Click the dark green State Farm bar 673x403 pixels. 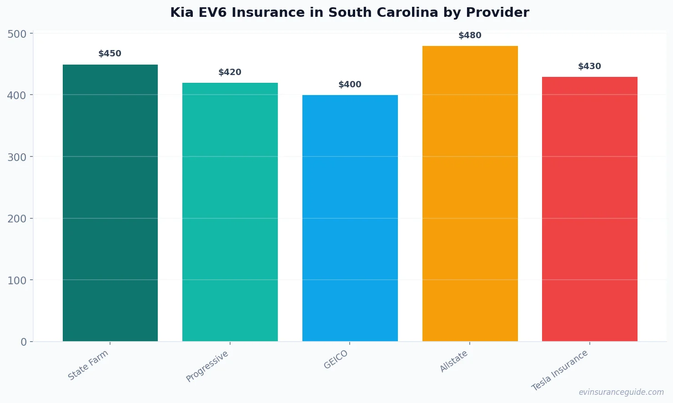[110, 203]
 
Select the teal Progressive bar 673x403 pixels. [230, 212]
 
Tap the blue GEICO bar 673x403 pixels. [350, 218]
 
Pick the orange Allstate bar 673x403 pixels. [470, 194]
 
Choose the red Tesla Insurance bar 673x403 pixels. [589, 209]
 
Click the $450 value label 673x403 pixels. [110, 54]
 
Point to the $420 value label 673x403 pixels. [230, 72]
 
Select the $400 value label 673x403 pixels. [350, 85]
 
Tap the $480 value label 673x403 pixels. [470, 35]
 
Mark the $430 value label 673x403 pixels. [589, 66]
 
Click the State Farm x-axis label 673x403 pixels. [88, 365]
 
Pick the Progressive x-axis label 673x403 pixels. [207, 366]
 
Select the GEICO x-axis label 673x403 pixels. [336, 359]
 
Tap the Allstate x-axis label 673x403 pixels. [454, 362]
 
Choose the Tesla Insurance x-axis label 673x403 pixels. [560, 370]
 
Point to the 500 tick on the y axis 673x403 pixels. [17, 34]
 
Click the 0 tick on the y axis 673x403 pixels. [24, 342]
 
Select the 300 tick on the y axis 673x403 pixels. [17, 157]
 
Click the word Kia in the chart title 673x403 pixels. [182, 13]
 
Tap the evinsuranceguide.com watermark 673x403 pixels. [621, 392]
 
